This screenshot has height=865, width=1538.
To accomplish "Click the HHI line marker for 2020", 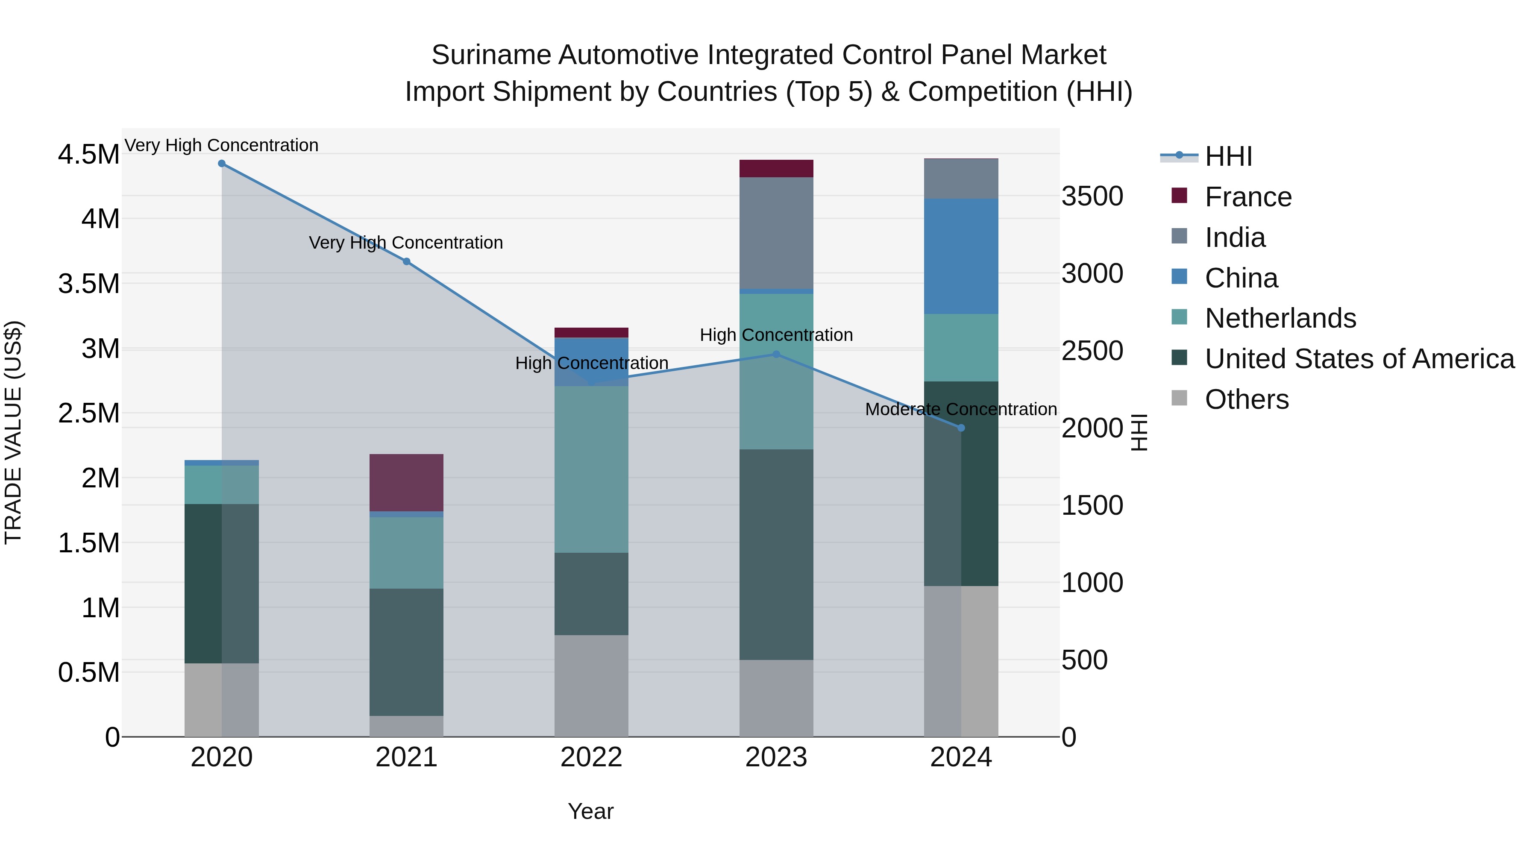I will click(x=221, y=164).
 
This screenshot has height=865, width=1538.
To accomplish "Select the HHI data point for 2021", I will click(x=407, y=261).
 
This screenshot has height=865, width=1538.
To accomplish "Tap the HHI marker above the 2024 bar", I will click(x=961, y=428).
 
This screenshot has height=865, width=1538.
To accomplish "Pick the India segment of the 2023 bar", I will click(x=776, y=233).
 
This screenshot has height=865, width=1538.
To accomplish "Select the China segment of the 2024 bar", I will click(x=961, y=257).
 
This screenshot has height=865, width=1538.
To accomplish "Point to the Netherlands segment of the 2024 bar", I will click(x=961, y=347).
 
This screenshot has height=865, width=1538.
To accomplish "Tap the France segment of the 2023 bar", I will click(x=776, y=168).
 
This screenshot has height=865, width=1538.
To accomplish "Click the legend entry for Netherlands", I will click(x=1280, y=318).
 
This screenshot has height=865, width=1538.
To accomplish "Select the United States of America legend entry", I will click(x=1359, y=359).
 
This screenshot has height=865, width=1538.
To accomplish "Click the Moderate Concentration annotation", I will click(x=961, y=410).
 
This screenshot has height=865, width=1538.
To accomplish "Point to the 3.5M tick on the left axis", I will click(x=88, y=284).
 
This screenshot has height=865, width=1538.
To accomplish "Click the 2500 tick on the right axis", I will click(x=1092, y=351).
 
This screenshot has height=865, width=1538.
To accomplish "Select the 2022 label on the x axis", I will click(x=591, y=757).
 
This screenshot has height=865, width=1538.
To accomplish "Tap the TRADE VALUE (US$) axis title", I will click(x=13, y=432).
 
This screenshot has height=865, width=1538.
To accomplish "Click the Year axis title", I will click(x=590, y=811).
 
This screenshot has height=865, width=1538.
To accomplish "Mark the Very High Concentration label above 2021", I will click(x=406, y=243).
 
